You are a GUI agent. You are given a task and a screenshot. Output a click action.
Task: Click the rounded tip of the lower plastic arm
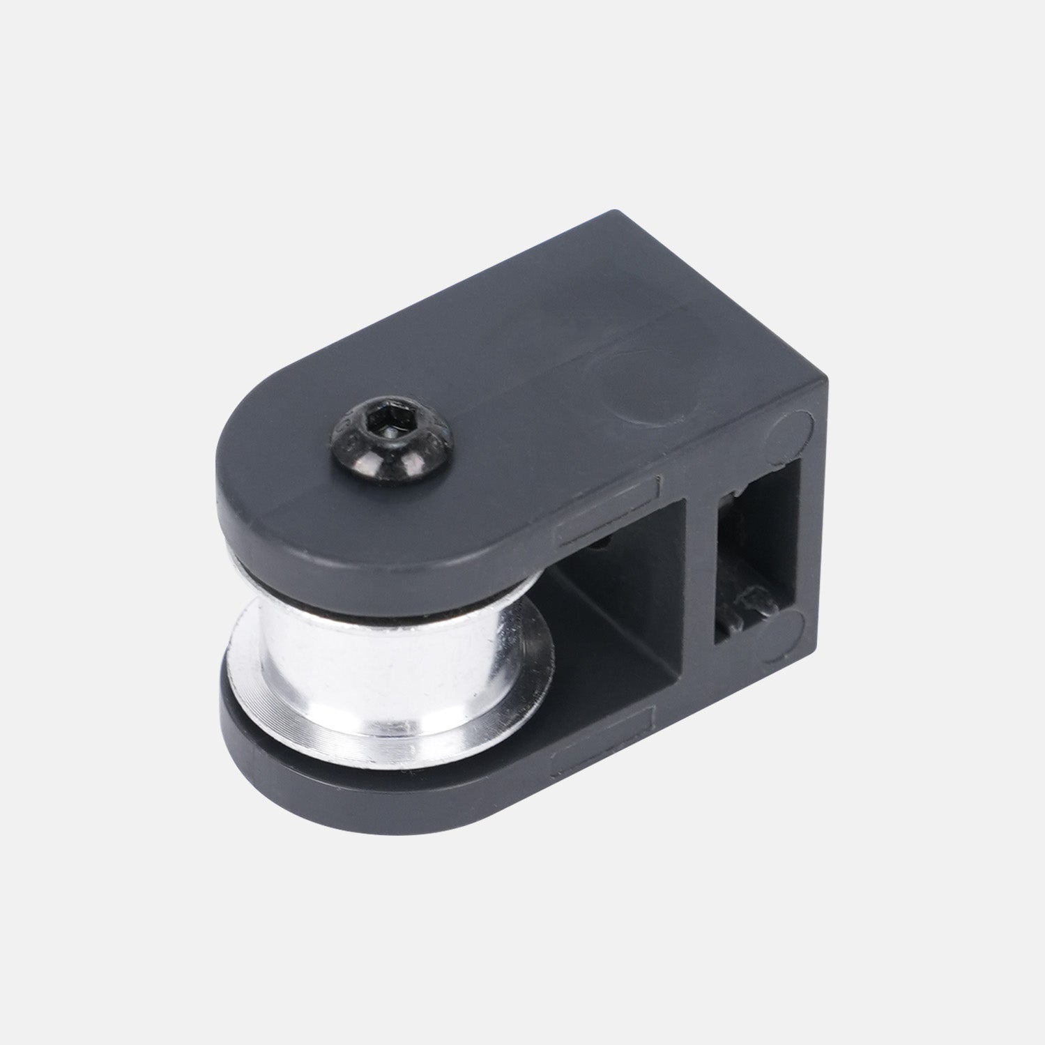279,767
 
